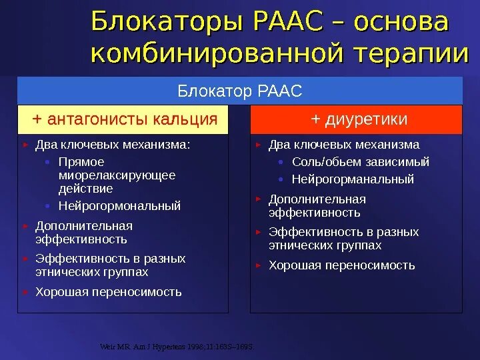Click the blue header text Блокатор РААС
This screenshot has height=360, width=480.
(x=239, y=90)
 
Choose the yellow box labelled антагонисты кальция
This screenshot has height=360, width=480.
(x=123, y=119)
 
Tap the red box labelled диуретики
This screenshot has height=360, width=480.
(x=356, y=119)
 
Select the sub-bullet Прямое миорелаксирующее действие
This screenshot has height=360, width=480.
(x=117, y=175)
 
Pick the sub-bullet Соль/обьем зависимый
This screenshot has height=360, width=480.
(x=360, y=162)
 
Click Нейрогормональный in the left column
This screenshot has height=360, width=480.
(x=119, y=206)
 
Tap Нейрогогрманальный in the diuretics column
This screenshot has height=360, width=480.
(x=353, y=179)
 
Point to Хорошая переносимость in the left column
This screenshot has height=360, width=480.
(x=109, y=292)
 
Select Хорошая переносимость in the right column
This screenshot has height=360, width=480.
(x=341, y=265)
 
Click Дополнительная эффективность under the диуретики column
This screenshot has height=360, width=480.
(x=317, y=206)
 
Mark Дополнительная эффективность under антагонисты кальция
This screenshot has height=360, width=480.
(x=83, y=233)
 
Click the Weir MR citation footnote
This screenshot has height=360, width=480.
(x=176, y=347)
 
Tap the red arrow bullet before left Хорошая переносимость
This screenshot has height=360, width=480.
(x=25, y=291)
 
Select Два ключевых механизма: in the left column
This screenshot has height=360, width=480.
(x=113, y=145)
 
